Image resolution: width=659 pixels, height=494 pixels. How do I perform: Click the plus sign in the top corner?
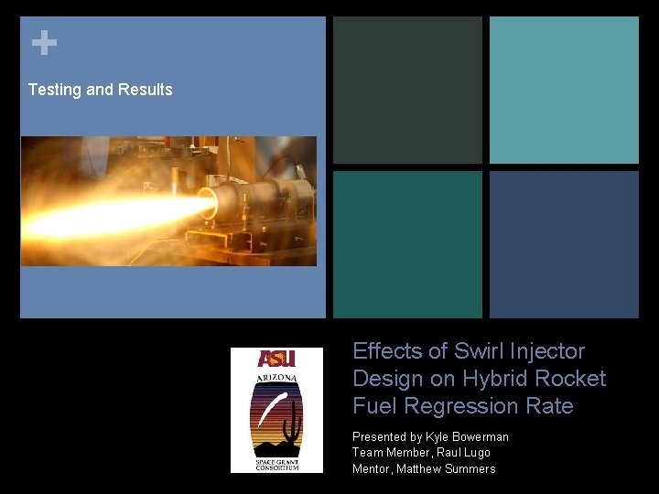(x=43, y=43)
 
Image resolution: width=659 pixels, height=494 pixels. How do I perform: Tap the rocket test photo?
(x=168, y=201)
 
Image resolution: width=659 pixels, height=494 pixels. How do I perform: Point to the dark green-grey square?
(x=407, y=90)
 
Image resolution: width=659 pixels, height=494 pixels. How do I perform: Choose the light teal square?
(x=564, y=90)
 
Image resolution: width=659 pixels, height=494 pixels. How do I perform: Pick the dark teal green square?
(x=407, y=244)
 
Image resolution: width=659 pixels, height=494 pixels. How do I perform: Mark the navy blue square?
(x=564, y=244)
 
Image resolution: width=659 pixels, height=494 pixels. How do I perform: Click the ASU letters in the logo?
(x=276, y=360)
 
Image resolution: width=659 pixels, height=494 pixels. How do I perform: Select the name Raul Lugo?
(x=464, y=453)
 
